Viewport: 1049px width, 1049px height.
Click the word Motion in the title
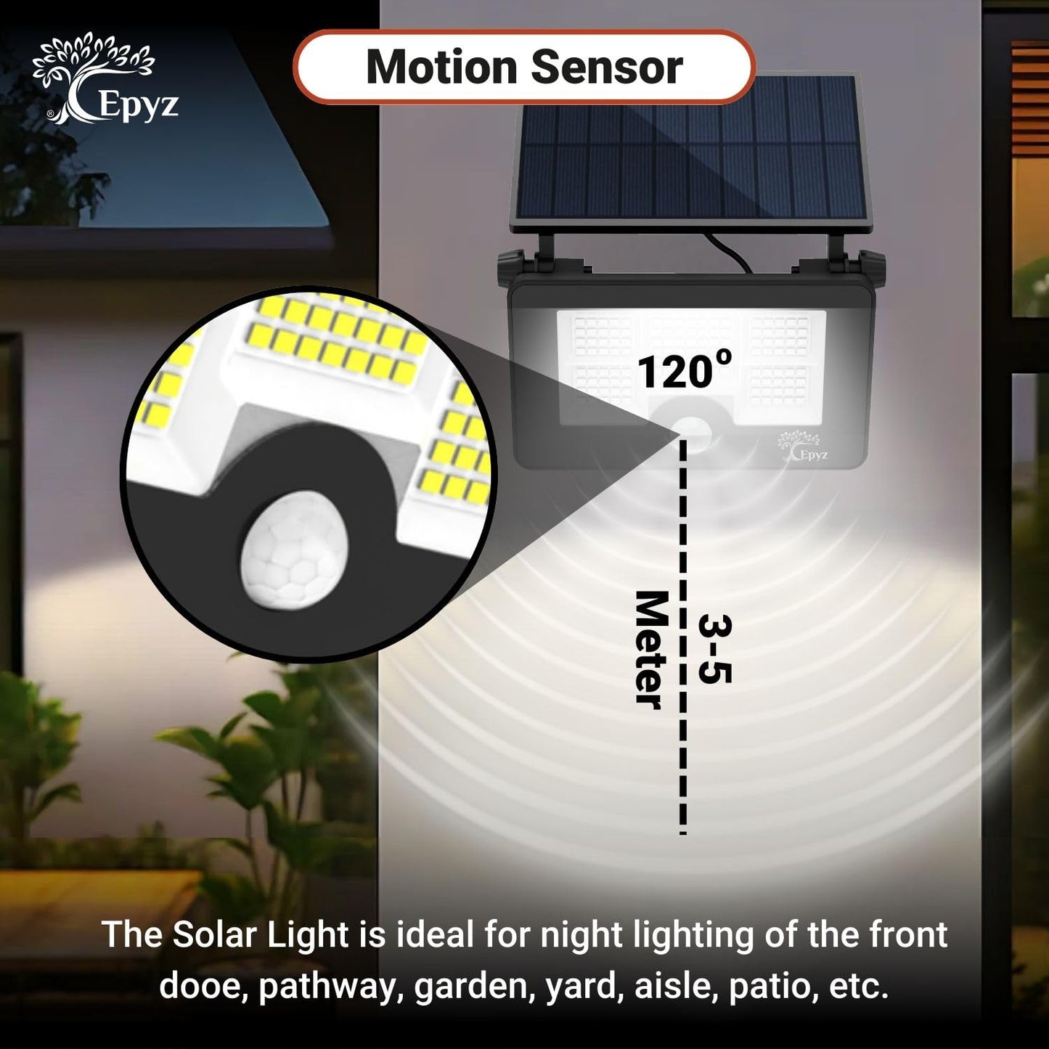point(441,67)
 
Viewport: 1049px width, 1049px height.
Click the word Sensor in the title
point(606,67)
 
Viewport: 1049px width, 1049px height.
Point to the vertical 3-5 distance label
point(715,649)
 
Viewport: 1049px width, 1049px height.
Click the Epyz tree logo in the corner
point(105,78)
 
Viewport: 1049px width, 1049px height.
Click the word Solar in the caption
point(214,934)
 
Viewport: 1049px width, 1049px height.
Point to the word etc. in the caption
point(859,987)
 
